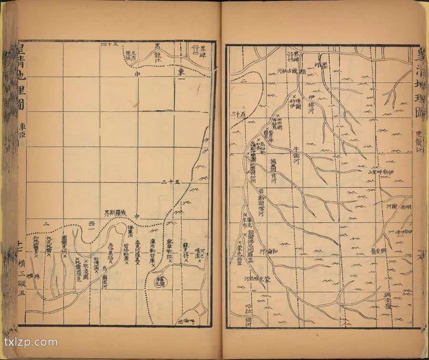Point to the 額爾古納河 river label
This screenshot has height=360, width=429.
click(291, 70)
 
